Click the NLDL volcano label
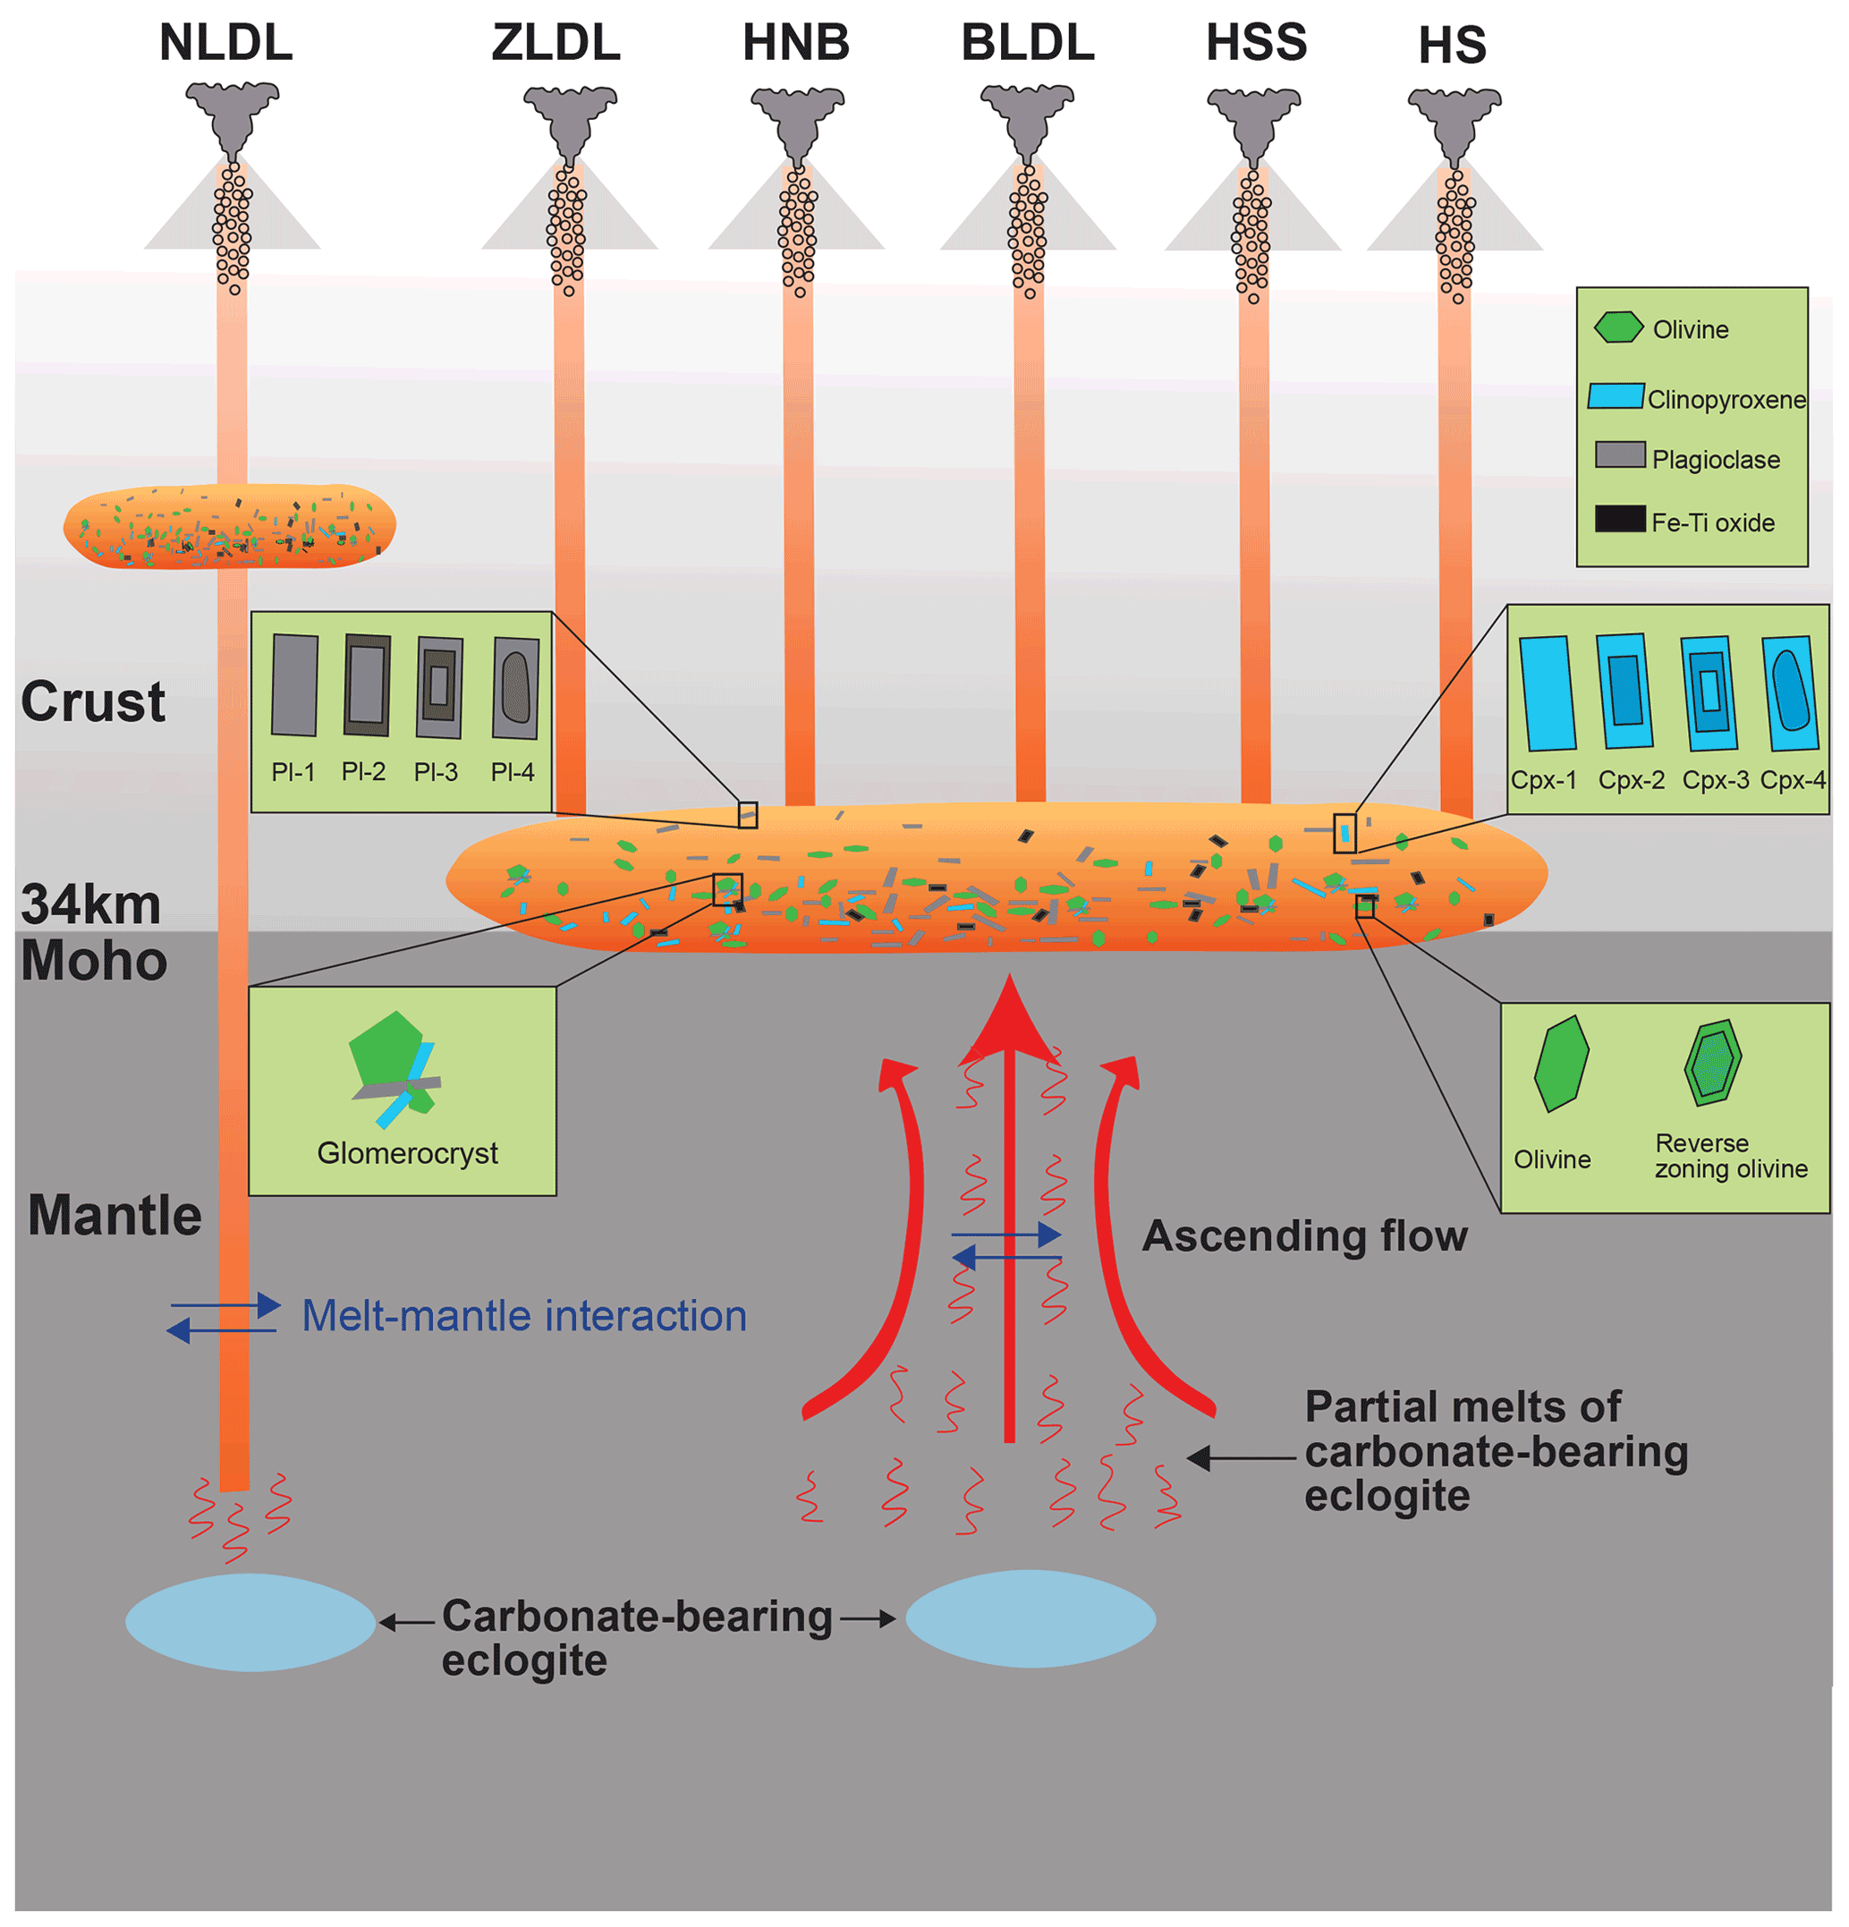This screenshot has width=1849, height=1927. [x=225, y=42]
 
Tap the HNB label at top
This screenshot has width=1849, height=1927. [x=795, y=42]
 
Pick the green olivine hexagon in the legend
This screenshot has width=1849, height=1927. [x=1617, y=327]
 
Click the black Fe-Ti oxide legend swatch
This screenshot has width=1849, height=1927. [x=1619, y=518]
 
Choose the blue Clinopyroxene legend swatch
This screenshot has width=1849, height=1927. [x=1615, y=396]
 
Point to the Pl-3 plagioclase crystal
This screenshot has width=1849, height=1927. [x=438, y=686]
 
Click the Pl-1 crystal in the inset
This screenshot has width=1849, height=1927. [x=295, y=685]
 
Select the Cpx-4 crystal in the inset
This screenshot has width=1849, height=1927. [x=1789, y=693]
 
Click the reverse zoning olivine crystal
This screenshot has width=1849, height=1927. [x=1711, y=1064]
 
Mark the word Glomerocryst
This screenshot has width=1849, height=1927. [x=407, y=1152]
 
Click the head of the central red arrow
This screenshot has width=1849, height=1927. [x=1010, y=1023]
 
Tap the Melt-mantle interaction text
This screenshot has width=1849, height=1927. [x=523, y=1315]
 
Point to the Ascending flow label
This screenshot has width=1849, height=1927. [x=1303, y=1235]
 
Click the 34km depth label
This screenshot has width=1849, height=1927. [x=90, y=904]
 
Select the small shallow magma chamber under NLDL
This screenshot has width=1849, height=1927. [x=229, y=526]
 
